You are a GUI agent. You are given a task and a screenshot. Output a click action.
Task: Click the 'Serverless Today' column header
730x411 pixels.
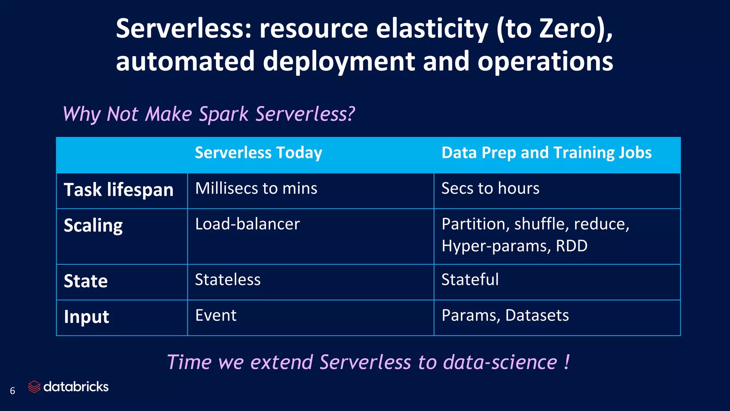[258, 153]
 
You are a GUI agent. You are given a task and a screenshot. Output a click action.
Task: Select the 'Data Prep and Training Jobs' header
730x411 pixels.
[546, 153]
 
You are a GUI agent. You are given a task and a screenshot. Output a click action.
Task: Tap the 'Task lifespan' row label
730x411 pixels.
[118, 189]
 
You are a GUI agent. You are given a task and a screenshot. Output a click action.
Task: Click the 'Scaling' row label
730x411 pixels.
[93, 225]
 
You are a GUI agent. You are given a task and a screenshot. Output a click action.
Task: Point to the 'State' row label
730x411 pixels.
[86, 281]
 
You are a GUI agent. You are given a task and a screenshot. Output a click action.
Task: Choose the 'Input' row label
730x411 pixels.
[86, 317]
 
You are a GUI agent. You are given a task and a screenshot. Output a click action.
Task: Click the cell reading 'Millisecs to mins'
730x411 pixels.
[256, 188]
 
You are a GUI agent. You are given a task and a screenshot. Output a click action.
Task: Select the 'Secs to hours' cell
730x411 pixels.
[490, 188]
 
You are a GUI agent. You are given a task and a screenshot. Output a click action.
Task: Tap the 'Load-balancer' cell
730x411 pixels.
[247, 224]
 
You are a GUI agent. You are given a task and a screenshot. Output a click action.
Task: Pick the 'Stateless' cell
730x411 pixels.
[228, 280]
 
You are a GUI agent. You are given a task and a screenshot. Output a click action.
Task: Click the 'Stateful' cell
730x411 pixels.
[470, 280]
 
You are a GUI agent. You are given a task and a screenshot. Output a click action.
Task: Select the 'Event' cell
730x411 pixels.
[216, 315]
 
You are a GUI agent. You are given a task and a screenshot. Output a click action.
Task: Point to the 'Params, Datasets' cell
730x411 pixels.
[505, 315]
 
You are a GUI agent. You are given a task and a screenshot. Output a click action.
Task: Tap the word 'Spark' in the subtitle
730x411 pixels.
[223, 114]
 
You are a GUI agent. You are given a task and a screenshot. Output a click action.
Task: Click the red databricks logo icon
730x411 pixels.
[34, 387]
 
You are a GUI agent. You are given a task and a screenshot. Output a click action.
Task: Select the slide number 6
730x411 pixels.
[12, 391]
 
